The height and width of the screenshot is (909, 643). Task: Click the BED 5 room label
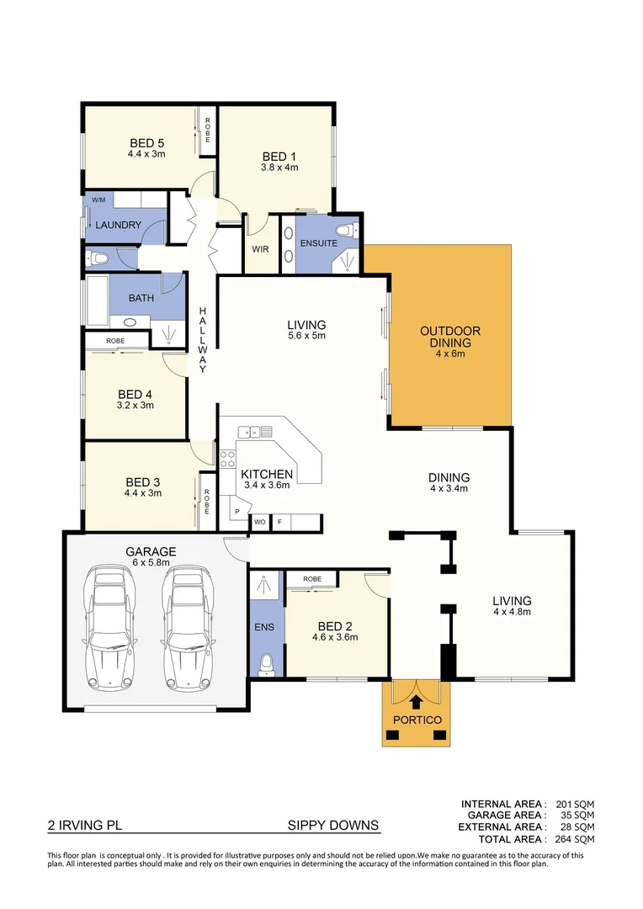pyautogui.click(x=146, y=142)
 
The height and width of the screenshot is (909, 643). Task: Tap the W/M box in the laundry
pyautogui.click(x=98, y=199)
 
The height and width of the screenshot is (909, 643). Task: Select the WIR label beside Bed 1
pyautogui.click(x=260, y=249)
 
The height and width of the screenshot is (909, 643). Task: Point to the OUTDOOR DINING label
pyautogui.click(x=450, y=337)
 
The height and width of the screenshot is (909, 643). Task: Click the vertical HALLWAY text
pyautogui.click(x=202, y=340)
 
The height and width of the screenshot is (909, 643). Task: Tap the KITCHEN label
pyautogui.click(x=267, y=474)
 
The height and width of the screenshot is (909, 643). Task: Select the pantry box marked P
pyautogui.click(x=237, y=512)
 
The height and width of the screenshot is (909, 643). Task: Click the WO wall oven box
pyautogui.click(x=260, y=523)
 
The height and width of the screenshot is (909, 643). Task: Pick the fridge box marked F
pyautogui.click(x=279, y=523)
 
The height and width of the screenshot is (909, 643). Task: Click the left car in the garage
pyautogui.click(x=111, y=627)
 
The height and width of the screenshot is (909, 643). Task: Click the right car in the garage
pyautogui.click(x=185, y=627)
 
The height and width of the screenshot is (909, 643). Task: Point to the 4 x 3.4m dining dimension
pyautogui.click(x=449, y=489)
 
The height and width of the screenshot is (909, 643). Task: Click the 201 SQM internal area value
pyautogui.click(x=575, y=805)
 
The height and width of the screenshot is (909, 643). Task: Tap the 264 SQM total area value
pyautogui.click(x=575, y=839)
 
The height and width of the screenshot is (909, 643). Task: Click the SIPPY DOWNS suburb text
pyautogui.click(x=333, y=826)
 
